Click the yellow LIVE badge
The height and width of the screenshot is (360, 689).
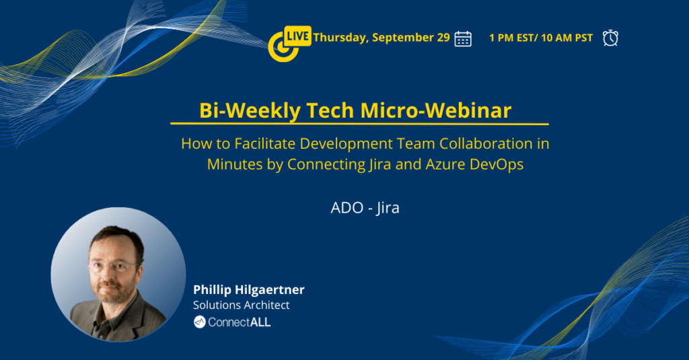pos(297,36)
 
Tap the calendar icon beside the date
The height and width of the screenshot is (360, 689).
pos(463,38)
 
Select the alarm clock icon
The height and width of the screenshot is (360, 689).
pos(610,38)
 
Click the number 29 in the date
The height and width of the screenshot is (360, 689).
pos(443,38)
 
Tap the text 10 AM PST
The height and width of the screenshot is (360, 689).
pos(567,38)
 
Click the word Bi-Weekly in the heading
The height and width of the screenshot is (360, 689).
pos(250,110)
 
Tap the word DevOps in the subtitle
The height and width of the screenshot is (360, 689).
pos(497,164)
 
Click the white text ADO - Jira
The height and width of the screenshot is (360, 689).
pos(365,207)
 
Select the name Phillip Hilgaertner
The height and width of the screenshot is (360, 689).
pos(249,289)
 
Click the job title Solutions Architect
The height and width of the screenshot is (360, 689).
pos(242,305)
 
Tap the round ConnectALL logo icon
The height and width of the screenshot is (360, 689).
pos(199,322)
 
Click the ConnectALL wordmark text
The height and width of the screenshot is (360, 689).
pos(240,322)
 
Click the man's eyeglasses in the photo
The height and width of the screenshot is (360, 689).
pos(112,266)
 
